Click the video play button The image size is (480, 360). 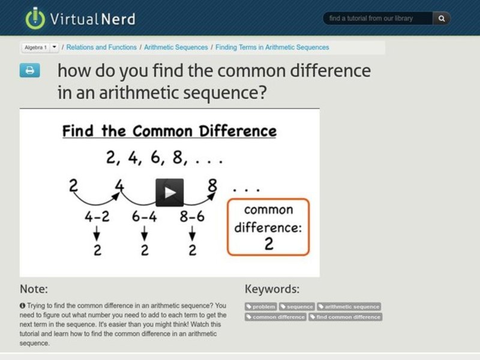[170, 192]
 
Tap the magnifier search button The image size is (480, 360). [442, 19]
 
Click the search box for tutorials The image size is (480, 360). [378, 19]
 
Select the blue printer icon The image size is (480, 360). [29, 71]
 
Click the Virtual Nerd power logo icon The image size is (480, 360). [35, 19]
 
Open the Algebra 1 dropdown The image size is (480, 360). [54, 47]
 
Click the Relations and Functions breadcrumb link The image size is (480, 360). [101, 47]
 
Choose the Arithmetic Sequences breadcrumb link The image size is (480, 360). [176, 47]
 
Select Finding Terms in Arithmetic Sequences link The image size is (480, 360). [272, 47]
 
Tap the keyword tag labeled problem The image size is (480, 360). [260, 307]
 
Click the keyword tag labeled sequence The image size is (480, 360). [297, 307]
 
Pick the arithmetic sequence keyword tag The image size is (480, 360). [349, 307]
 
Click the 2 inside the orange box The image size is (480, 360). [268, 244]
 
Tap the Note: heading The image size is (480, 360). [34, 289]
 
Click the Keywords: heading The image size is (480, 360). [272, 289]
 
